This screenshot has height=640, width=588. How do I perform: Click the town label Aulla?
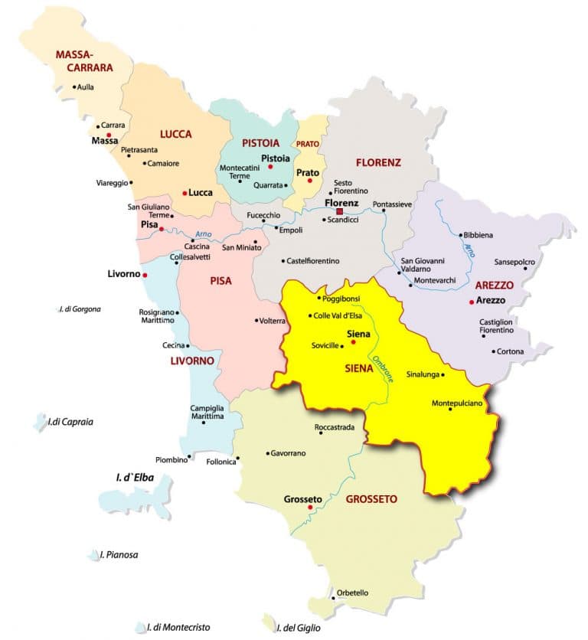point(86,87)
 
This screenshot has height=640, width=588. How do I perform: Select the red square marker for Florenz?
point(340,211)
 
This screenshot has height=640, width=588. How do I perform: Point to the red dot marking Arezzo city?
point(472,302)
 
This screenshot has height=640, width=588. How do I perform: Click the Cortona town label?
point(511,351)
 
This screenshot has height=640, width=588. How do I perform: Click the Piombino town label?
point(171,459)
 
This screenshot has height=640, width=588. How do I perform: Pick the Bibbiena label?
point(479,235)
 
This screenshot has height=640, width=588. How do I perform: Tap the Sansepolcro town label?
point(515,261)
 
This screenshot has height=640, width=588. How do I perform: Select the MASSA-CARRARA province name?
point(84,61)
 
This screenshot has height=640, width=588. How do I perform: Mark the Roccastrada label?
point(335,427)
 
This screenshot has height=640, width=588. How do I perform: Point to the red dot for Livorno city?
point(145,275)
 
